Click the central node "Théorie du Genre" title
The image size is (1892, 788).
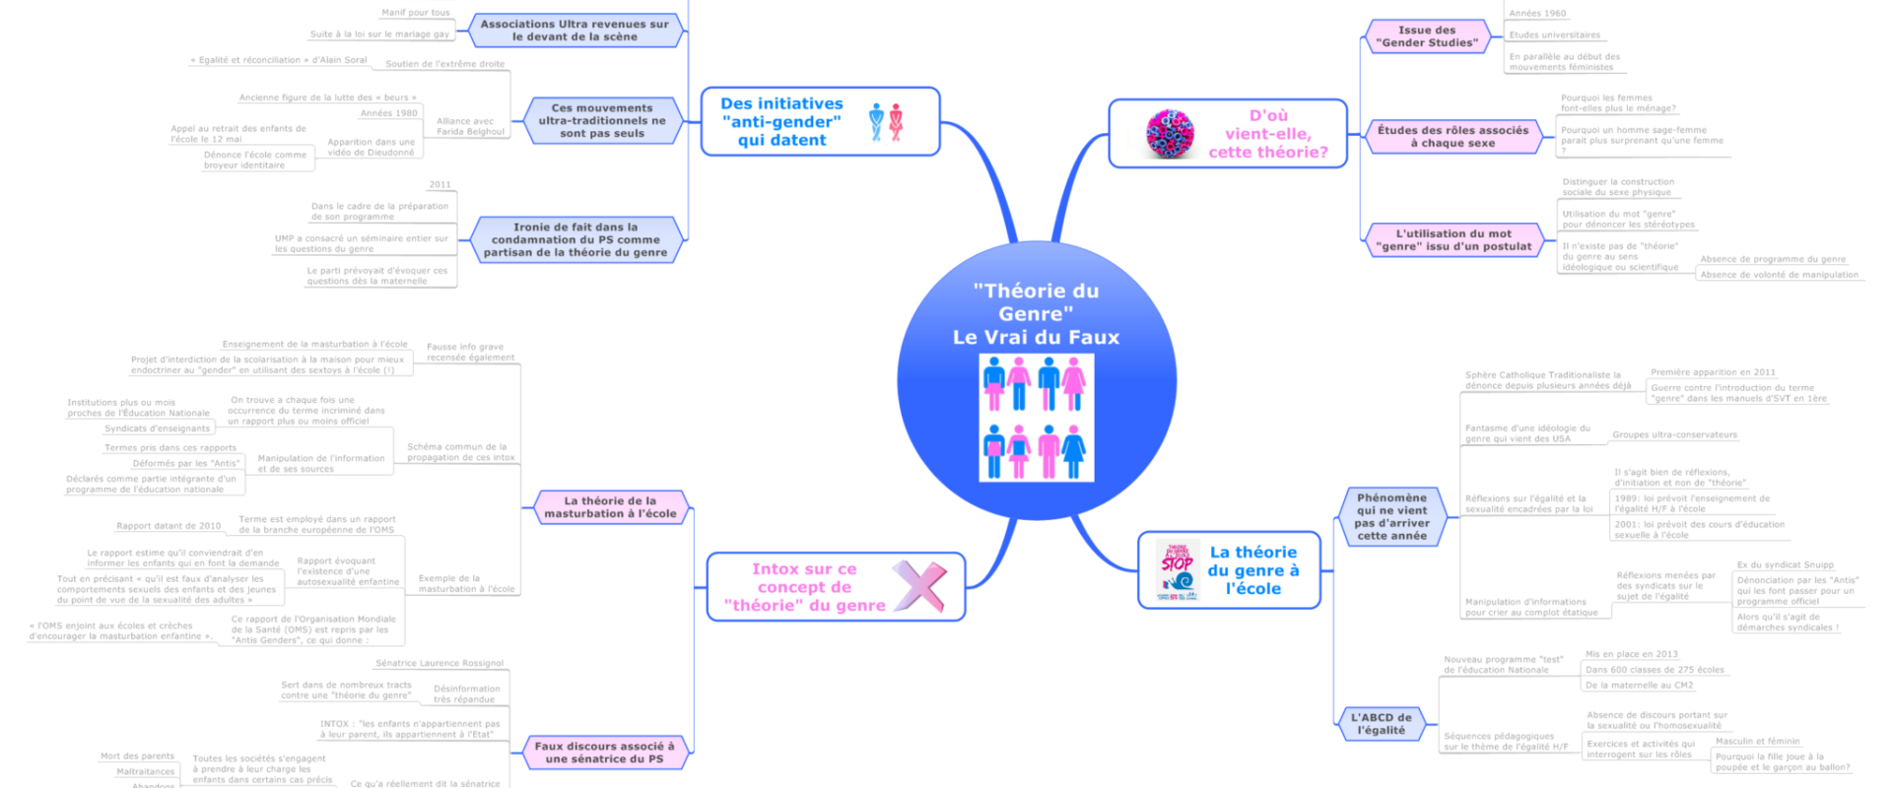pyautogui.click(x=1036, y=313)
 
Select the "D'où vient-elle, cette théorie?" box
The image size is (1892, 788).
pyautogui.click(x=1267, y=134)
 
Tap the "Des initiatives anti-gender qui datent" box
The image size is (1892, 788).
pyautogui.click(x=781, y=122)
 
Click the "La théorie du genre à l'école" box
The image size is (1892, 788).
pyautogui.click(x=1252, y=570)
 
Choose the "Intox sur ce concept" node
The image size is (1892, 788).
pyautogui.click(x=804, y=587)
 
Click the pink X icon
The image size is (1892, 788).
pyautogui.click(x=919, y=586)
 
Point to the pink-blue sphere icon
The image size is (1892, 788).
pyautogui.click(x=1170, y=134)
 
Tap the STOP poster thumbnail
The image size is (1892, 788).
pyautogui.click(x=1177, y=570)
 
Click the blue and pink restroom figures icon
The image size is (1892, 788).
pyautogui.click(x=886, y=122)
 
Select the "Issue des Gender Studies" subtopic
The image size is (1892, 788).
pyautogui.click(x=1426, y=36)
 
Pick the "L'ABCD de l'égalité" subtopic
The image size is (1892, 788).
pyautogui.click(x=1381, y=724)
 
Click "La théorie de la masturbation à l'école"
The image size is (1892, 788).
pyautogui.click(x=610, y=507)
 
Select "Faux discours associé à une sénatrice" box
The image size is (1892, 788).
pyautogui.click(x=604, y=753)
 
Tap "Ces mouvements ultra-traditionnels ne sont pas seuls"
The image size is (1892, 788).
pyautogui.click(x=601, y=121)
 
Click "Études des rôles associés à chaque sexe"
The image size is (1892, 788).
pyautogui.click(x=1453, y=137)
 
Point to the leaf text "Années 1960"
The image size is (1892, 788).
pyautogui.click(x=1537, y=14)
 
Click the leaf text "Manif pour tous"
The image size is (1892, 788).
pyautogui.click(x=415, y=13)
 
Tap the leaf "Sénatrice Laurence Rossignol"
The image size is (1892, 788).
pyautogui.click(x=439, y=663)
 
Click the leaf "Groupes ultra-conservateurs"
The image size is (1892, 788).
pyautogui.click(x=1674, y=434)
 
